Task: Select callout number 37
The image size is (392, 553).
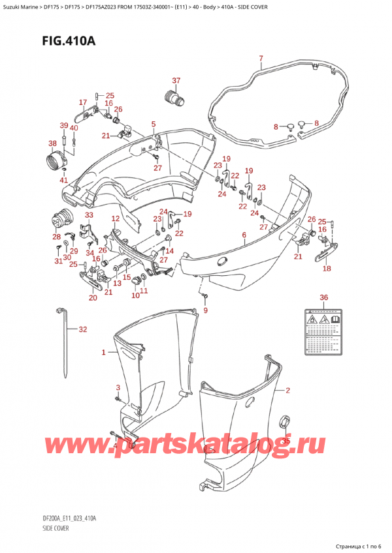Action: pyautogui.click(x=176, y=81)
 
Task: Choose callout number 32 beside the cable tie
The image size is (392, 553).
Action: pyautogui.click(x=82, y=329)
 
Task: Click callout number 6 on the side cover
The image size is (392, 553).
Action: pyautogui.click(x=244, y=235)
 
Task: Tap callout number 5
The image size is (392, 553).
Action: pyautogui.click(x=153, y=124)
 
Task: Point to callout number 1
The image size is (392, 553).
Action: pyautogui.click(x=103, y=353)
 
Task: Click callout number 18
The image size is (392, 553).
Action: pyautogui.click(x=327, y=268)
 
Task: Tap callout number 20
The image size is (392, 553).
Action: pyautogui.click(x=93, y=298)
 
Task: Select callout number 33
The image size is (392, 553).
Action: pyautogui.click(x=88, y=215)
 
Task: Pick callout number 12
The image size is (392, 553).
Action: pyautogui.click(x=115, y=218)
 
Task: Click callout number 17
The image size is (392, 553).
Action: pyautogui.click(x=83, y=102)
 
